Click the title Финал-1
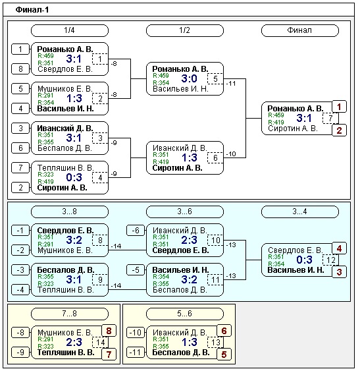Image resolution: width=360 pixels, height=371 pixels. [32, 10]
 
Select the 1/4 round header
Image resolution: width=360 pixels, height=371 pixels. [70, 30]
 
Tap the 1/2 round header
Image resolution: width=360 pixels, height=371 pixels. [185, 30]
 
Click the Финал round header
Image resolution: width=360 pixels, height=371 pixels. [299, 30]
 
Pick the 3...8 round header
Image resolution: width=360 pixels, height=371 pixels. [70, 212]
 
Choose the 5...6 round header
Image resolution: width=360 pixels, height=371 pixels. [185, 314]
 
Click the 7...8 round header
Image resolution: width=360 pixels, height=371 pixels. [70, 314]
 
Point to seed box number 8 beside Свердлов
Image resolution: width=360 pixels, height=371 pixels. [20, 69]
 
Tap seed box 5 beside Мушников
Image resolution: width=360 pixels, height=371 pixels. [20, 89]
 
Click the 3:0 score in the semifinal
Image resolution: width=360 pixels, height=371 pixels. [189, 78]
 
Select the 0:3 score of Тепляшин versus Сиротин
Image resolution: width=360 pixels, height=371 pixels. [74, 177]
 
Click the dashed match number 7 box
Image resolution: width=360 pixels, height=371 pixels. [330, 119]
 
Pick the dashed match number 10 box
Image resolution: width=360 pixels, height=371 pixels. [215, 241]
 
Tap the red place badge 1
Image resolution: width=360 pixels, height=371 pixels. [339, 107]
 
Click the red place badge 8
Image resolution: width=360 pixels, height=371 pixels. [109, 331]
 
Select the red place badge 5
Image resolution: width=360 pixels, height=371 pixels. [224, 355]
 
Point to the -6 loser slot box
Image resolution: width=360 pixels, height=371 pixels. [136, 231]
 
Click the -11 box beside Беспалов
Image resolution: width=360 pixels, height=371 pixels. [136, 353]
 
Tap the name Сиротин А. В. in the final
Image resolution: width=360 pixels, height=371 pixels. [292, 128]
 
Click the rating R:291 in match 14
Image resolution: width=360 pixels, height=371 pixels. [45, 339]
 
